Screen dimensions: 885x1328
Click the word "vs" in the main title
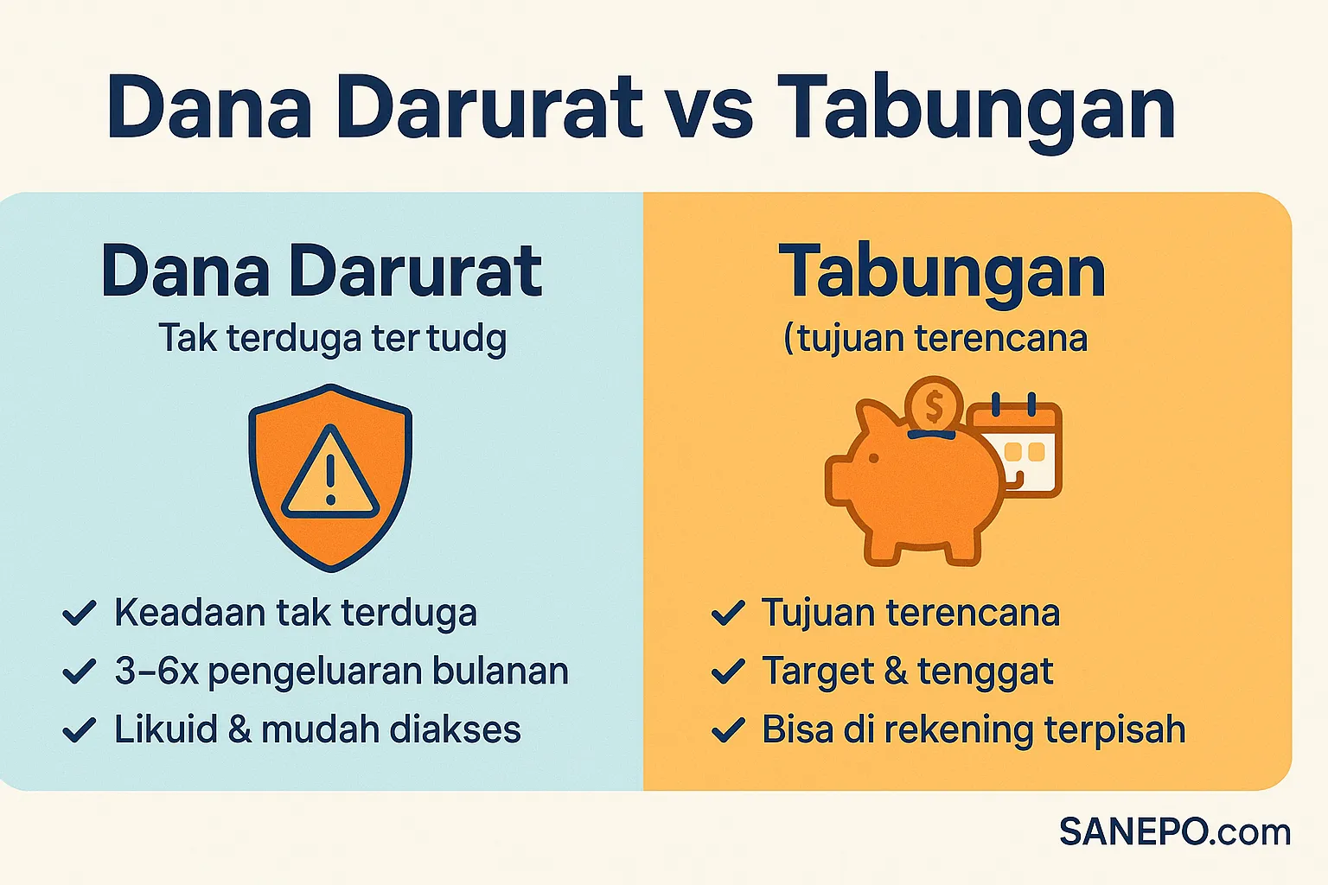[x=709, y=110]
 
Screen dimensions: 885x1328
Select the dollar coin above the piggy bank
[x=934, y=404]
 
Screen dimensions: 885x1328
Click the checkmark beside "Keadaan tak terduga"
[x=80, y=614]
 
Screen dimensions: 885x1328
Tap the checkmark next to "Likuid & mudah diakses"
[x=80, y=730]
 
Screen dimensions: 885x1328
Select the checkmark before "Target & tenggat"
[x=728, y=672]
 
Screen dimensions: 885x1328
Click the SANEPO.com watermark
[x=1175, y=831]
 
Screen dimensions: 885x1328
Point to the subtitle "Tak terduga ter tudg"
[x=332, y=338]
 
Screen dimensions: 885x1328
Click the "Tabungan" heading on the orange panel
[x=942, y=272]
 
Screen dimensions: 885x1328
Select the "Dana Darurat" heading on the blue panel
[x=322, y=272]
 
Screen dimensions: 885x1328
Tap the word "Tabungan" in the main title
[x=975, y=110]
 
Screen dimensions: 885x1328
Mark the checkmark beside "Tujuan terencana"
[x=728, y=614]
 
